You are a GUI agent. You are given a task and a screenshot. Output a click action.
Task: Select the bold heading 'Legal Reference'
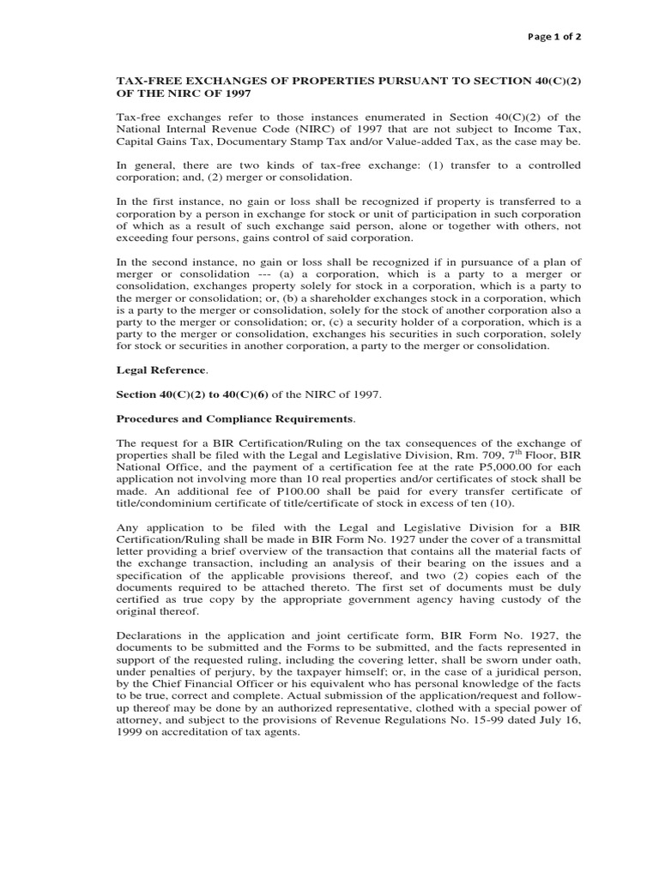coord(162,370)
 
